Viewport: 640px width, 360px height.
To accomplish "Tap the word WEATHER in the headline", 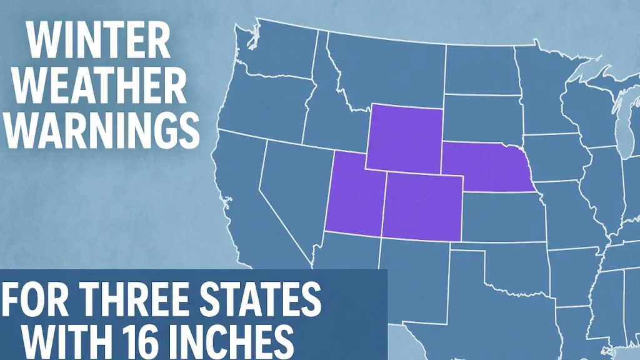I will [99, 86].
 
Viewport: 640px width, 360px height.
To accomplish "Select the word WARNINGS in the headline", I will [101, 129].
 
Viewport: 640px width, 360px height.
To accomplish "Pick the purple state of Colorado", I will [422, 206].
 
